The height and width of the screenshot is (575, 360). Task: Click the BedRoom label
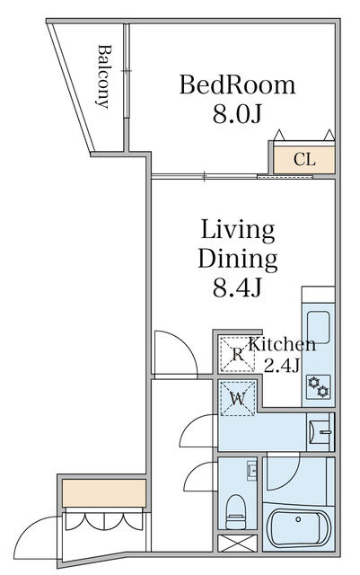[x=237, y=85]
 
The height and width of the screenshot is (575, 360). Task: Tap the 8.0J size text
[x=237, y=114]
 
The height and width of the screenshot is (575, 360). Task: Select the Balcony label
[x=104, y=76]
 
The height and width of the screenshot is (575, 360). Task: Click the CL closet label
[x=304, y=160]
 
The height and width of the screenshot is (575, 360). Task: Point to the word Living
[x=238, y=231]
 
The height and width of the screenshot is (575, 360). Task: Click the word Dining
[x=238, y=259]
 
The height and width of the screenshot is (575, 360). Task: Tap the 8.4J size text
[x=237, y=287]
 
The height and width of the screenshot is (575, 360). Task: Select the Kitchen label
[x=282, y=344]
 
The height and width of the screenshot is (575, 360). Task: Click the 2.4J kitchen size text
[x=282, y=365]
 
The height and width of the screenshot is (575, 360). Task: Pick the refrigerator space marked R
[x=238, y=354]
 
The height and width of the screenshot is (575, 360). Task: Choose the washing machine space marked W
[x=238, y=398]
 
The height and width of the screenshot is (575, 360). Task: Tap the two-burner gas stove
[x=318, y=387]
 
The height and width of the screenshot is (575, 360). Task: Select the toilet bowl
[x=236, y=512]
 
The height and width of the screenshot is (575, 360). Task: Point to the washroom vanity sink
[x=320, y=432]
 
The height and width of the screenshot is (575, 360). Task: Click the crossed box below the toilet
[x=237, y=543]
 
